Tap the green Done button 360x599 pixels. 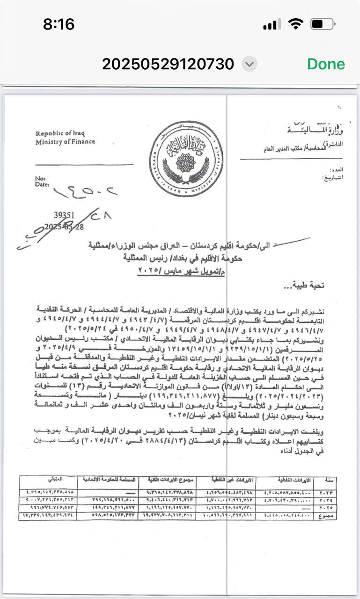point(326,64)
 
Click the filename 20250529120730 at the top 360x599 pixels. point(168,64)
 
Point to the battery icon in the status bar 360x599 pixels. point(323,24)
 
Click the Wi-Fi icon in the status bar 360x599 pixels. point(295,24)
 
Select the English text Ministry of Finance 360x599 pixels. point(65,141)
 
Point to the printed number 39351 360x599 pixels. point(64,215)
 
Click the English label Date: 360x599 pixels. point(42,184)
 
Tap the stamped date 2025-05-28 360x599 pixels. point(64,227)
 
